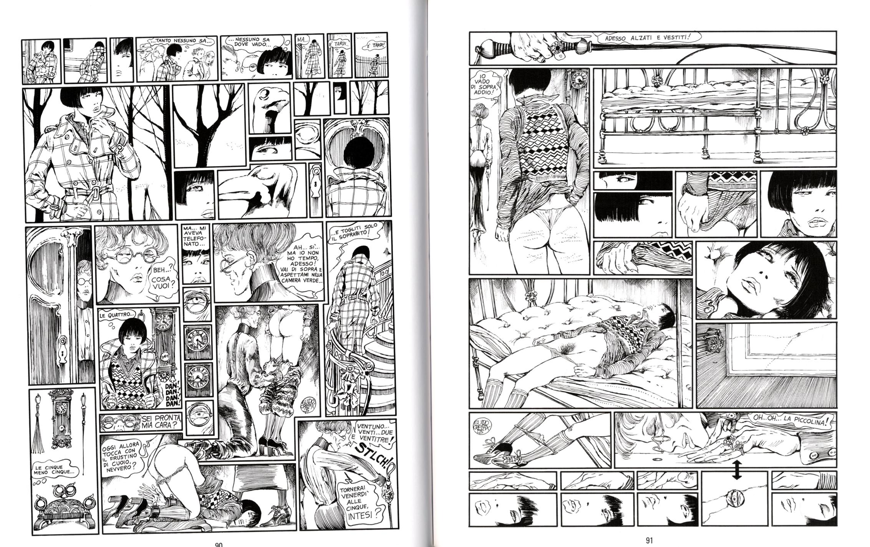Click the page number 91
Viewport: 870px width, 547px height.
[649, 541]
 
